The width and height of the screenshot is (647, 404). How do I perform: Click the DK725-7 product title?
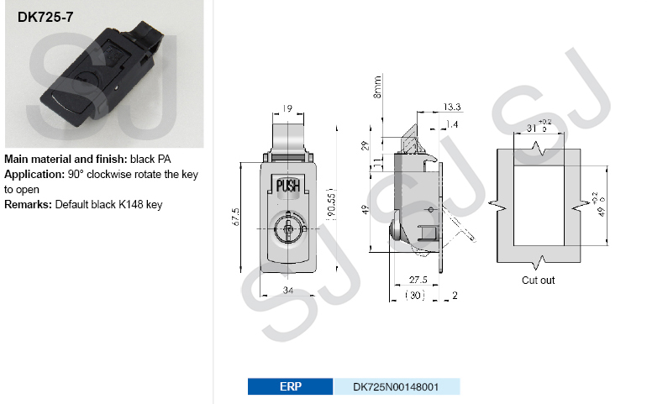(x=45, y=17)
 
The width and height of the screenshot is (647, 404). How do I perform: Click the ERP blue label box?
(x=290, y=386)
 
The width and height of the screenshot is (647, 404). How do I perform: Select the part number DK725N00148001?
(x=396, y=386)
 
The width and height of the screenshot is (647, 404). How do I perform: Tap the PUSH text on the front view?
(x=288, y=186)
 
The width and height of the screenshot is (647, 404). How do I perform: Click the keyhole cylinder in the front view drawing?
(x=289, y=228)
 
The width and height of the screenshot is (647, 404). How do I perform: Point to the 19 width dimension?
(x=287, y=108)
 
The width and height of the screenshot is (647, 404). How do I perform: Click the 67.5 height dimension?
(x=235, y=217)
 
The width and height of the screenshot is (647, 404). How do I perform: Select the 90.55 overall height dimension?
(x=331, y=205)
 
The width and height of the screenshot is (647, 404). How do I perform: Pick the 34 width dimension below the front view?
(x=288, y=291)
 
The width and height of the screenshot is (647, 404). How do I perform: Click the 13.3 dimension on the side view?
(x=452, y=107)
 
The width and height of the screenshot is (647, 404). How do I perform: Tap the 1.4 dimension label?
(x=452, y=124)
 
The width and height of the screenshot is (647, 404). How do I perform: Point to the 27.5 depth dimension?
(x=418, y=280)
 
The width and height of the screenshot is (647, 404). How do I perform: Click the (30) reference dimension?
(x=415, y=296)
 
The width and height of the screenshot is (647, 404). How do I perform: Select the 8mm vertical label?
(x=377, y=87)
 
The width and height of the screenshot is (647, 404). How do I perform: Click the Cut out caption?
(x=538, y=281)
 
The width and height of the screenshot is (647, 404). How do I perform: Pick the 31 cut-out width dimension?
(x=532, y=129)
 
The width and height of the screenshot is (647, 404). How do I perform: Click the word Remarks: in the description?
(x=28, y=205)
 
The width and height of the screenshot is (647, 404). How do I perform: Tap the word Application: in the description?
(x=34, y=174)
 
